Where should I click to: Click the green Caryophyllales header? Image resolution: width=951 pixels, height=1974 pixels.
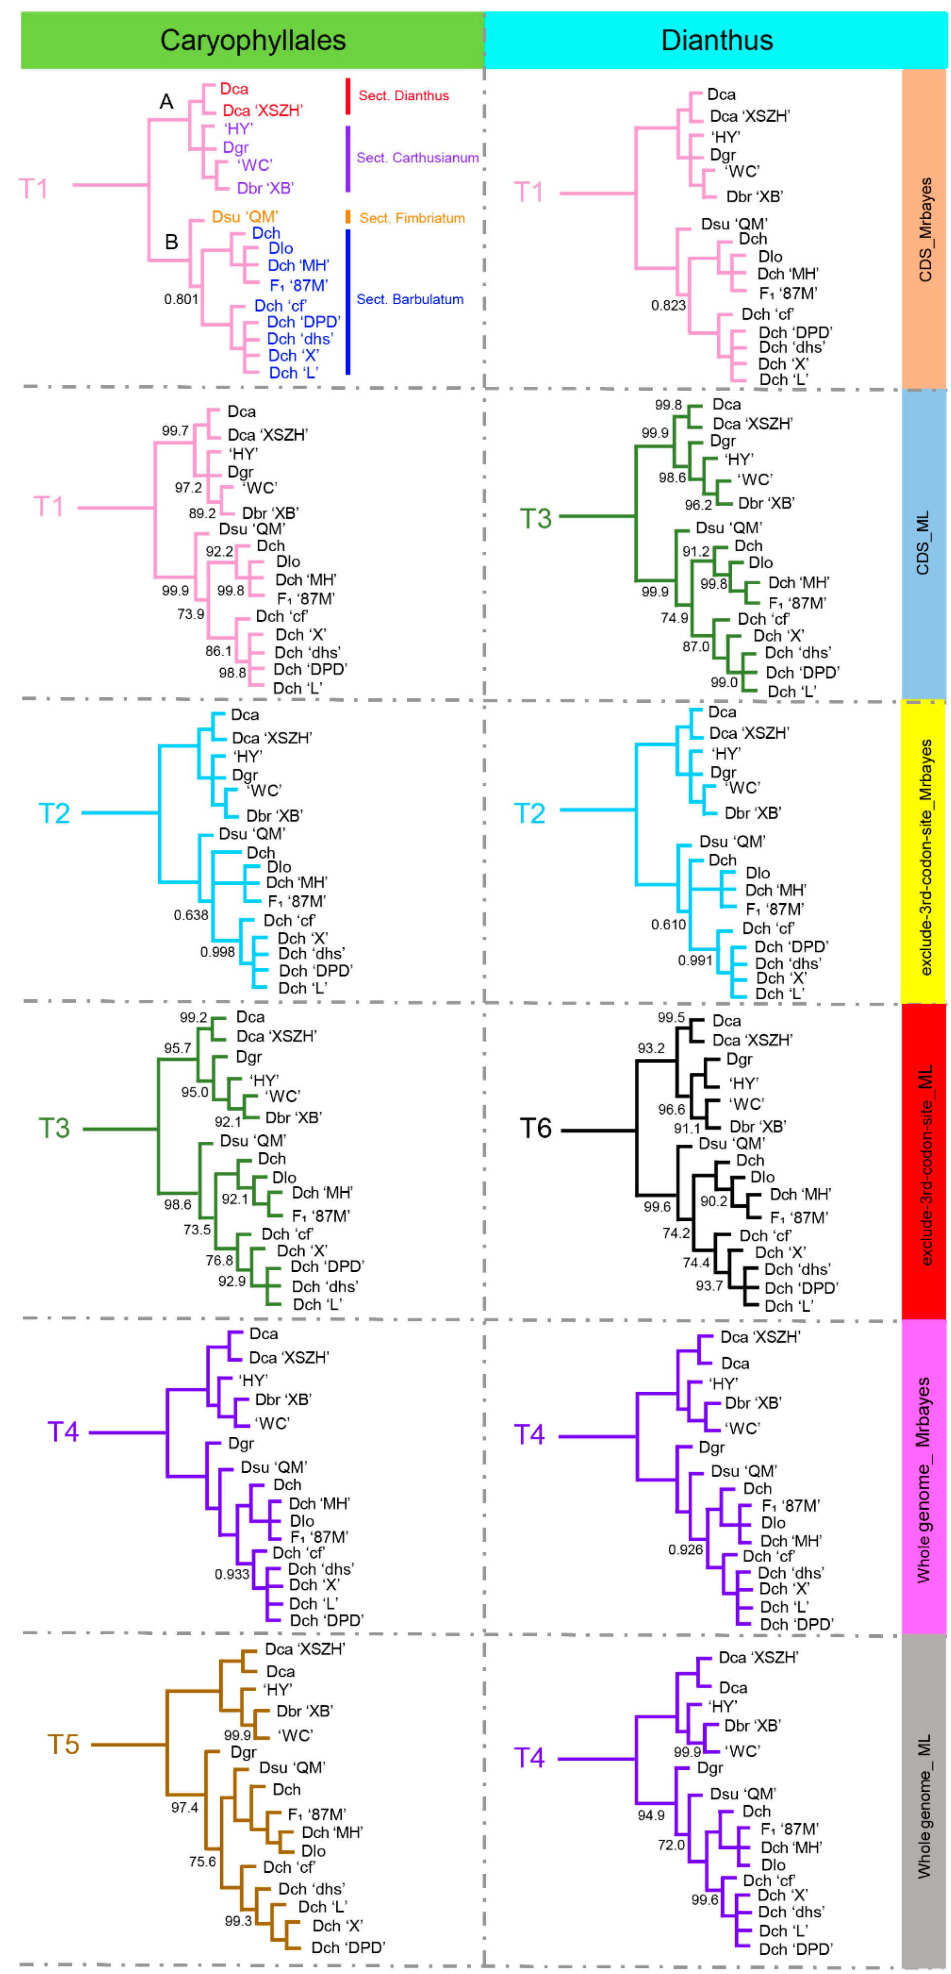point(252,40)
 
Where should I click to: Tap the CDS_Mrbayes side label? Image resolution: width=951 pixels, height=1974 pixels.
point(925,229)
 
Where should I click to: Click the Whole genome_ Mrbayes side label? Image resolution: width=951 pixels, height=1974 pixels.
point(924,1479)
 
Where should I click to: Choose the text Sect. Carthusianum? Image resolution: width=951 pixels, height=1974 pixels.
point(418,158)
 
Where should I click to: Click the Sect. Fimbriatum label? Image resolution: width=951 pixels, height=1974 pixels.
point(412,218)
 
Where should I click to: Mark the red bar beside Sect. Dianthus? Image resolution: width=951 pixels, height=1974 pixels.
point(348,96)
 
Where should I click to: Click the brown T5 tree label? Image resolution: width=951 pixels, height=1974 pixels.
point(64,1744)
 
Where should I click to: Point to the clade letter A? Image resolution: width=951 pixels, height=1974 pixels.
point(166,101)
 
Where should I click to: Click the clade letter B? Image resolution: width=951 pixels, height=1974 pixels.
point(172,242)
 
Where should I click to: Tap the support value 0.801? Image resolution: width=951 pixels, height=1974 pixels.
point(181,299)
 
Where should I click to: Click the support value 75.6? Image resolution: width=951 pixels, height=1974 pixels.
point(202,1860)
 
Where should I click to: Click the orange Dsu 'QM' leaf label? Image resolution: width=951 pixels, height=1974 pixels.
point(245,217)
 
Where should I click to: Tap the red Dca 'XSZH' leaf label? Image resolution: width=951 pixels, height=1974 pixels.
point(263,110)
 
